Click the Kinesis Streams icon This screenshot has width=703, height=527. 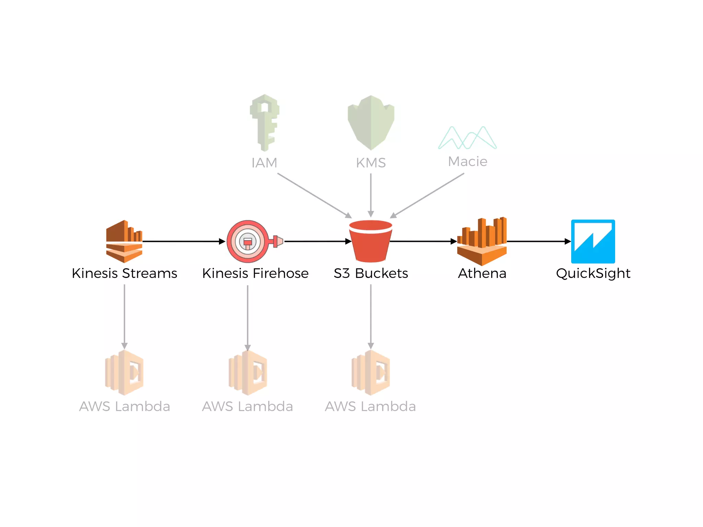tap(124, 241)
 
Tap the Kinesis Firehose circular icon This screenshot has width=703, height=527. tap(248, 242)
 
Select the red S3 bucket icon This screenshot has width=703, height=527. tap(370, 241)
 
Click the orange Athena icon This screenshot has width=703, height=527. tap(482, 241)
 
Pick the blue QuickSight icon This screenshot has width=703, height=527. tap(593, 241)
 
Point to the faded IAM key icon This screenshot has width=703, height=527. tap(264, 122)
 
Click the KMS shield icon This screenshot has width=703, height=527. tap(371, 122)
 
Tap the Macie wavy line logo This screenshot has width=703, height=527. tap(467, 138)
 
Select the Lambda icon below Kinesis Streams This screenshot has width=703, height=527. tap(124, 373)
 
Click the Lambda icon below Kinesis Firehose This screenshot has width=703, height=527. tap(248, 373)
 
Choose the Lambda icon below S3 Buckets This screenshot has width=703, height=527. tap(371, 373)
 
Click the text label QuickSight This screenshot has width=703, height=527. tap(593, 273)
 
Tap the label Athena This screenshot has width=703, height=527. tap(482, 273)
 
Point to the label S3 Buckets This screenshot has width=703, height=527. tap(371, 273)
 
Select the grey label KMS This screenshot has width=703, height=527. tap(371, 163)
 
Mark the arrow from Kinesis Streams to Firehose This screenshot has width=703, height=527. tap(184, 242)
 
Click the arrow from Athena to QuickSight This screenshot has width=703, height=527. tap(538, 242)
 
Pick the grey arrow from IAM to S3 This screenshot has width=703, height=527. tap(314, 195)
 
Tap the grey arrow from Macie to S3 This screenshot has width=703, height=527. tap(427, 195)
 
